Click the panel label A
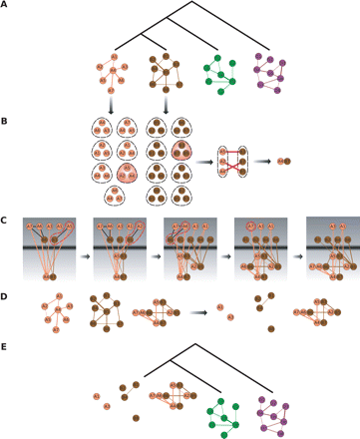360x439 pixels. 5,5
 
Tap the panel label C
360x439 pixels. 5,219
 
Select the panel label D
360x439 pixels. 5,296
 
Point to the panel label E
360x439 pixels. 5,348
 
